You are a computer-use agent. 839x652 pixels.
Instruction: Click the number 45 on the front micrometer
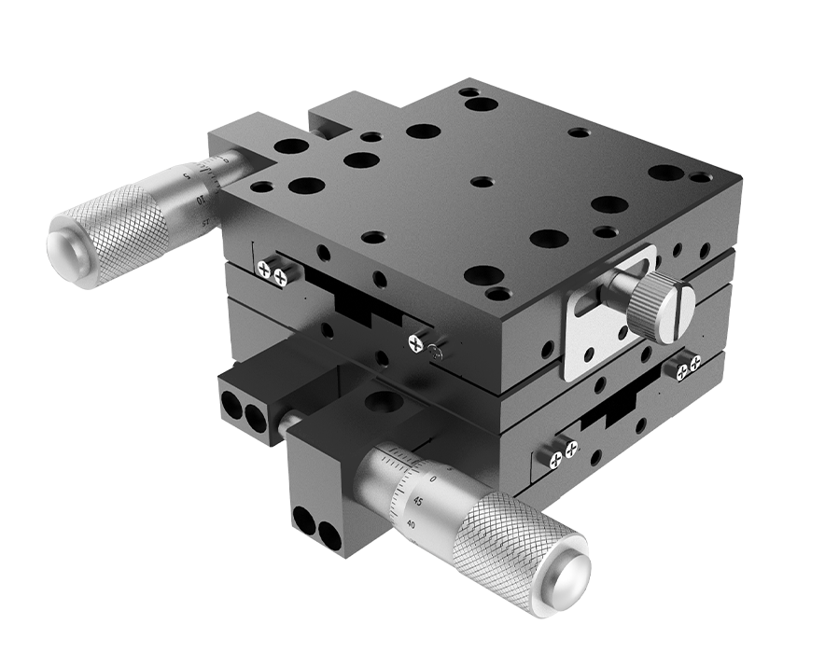[416, 501]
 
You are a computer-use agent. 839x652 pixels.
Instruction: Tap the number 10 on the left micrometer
[203, 199]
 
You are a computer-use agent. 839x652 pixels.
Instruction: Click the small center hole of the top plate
[481, 181]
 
